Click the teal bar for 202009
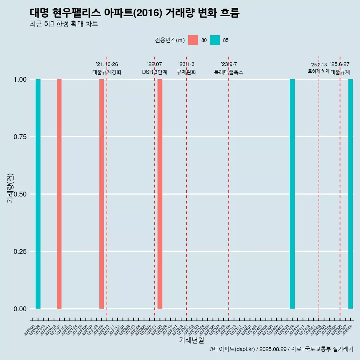(x=38, y=194)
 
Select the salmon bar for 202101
(x=59, y=194)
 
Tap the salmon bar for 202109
(x=102, y=194)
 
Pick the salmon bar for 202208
(x=160, y=194)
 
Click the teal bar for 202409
(x=292, y=194)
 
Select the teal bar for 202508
(x=351, y=194)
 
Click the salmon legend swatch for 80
(x=193, y=40)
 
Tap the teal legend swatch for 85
(x=215, y=40)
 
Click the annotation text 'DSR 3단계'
(x=154, y=72)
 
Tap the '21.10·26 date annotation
(x=107, y=64)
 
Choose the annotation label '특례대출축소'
(x=229, y=72)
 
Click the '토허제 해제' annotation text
(x=318, y=71)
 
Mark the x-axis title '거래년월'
(x=192, y=340)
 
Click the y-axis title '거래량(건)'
(x=10, y=188)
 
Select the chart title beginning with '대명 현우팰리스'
(x=134, y=13)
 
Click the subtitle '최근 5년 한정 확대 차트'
(x=64, y=24)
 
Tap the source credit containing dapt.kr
(x=281, y=349)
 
